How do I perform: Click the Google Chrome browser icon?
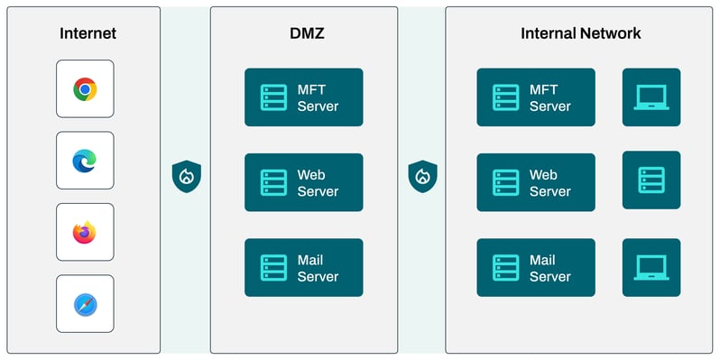85,88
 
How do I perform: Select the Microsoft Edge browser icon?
85,161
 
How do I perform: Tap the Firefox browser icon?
85,232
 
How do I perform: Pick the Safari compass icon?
85,304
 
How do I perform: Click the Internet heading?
88,33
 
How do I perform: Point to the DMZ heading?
303,33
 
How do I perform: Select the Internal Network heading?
580,33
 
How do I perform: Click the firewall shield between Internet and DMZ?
186,175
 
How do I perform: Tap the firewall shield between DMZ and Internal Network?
421,175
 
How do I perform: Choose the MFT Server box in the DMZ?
303,97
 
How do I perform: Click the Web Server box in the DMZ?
303,182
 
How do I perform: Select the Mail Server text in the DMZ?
318,268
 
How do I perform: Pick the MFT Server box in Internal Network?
536,97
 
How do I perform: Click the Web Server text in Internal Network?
549,183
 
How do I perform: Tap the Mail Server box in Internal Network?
536,268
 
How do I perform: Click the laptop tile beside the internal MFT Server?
651,97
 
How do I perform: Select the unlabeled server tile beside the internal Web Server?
651,180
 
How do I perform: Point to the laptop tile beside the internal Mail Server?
651,268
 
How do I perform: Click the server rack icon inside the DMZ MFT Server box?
272,97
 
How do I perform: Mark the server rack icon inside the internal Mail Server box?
505,268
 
